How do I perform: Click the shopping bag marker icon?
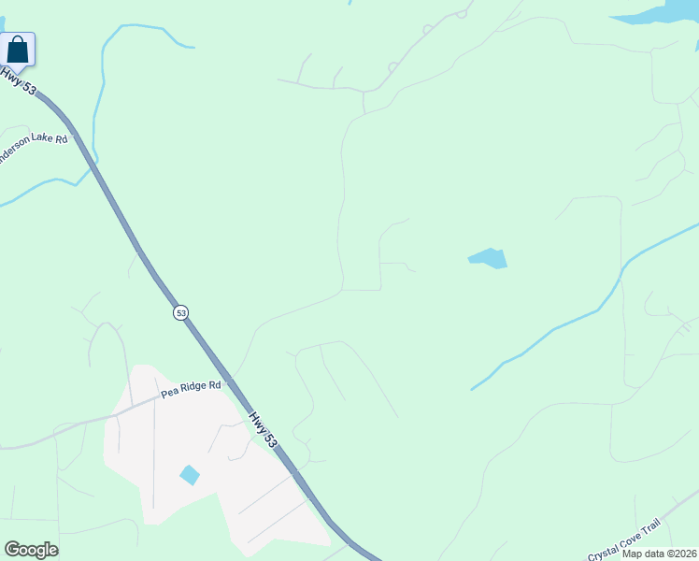pos(18,49)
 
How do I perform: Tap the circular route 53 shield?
pos(180,312)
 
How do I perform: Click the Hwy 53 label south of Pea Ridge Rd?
pos(264,427)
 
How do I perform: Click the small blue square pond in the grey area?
pos(190,475)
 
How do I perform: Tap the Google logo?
pos(31,550)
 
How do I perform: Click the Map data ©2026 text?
pos(659,554)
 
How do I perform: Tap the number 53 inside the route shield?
pos(180,312)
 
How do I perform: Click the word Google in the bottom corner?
pos(31,550)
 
